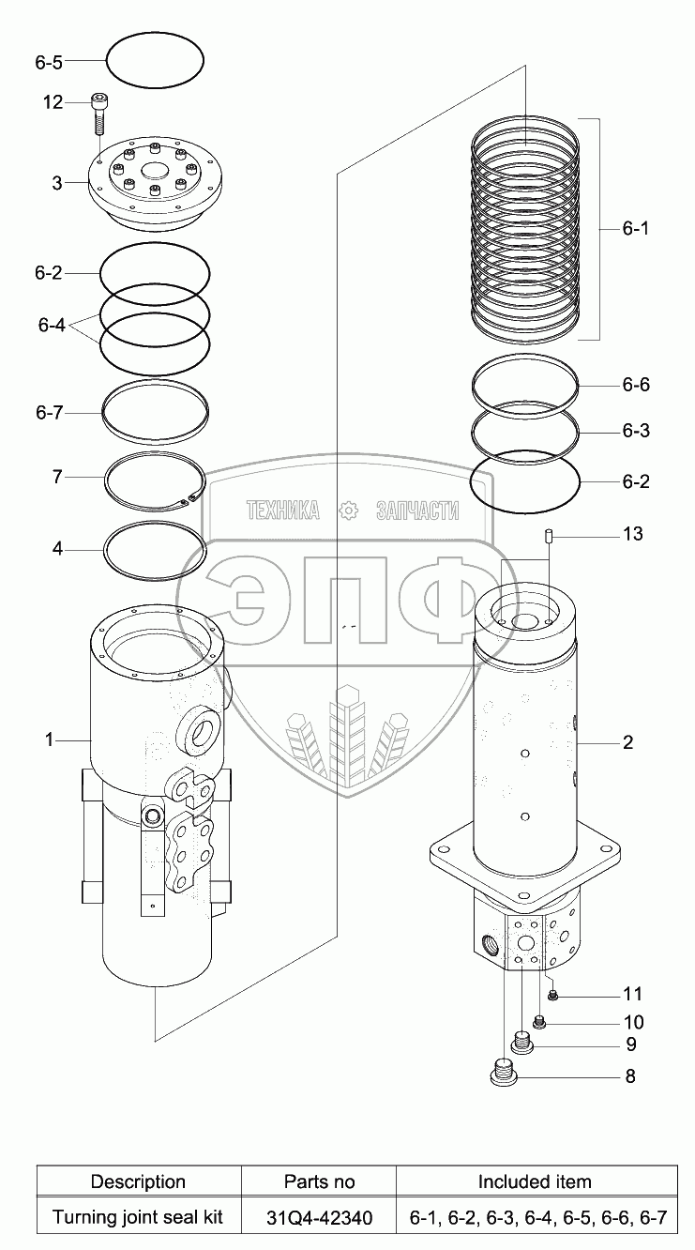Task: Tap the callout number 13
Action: point(633,534)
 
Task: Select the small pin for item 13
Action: point(549,538)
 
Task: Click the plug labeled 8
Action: point(504,1074)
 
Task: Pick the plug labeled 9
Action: point(522,1041)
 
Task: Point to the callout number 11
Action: point(633,994)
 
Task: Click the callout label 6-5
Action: point(48,63)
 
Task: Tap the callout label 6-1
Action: point(635,229)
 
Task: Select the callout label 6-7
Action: point(48,412)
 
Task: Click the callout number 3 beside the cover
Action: point(56,183)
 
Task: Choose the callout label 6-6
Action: point(635,386)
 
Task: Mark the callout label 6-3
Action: point(635,432)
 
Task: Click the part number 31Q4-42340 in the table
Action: point(320,1218)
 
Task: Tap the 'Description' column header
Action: point(138,1181)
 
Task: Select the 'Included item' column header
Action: point(535,1181)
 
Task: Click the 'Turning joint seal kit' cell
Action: point(138,1218)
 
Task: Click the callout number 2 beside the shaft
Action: point(627,742)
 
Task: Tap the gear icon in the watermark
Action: point(349,510)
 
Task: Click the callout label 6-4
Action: point(52,326)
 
